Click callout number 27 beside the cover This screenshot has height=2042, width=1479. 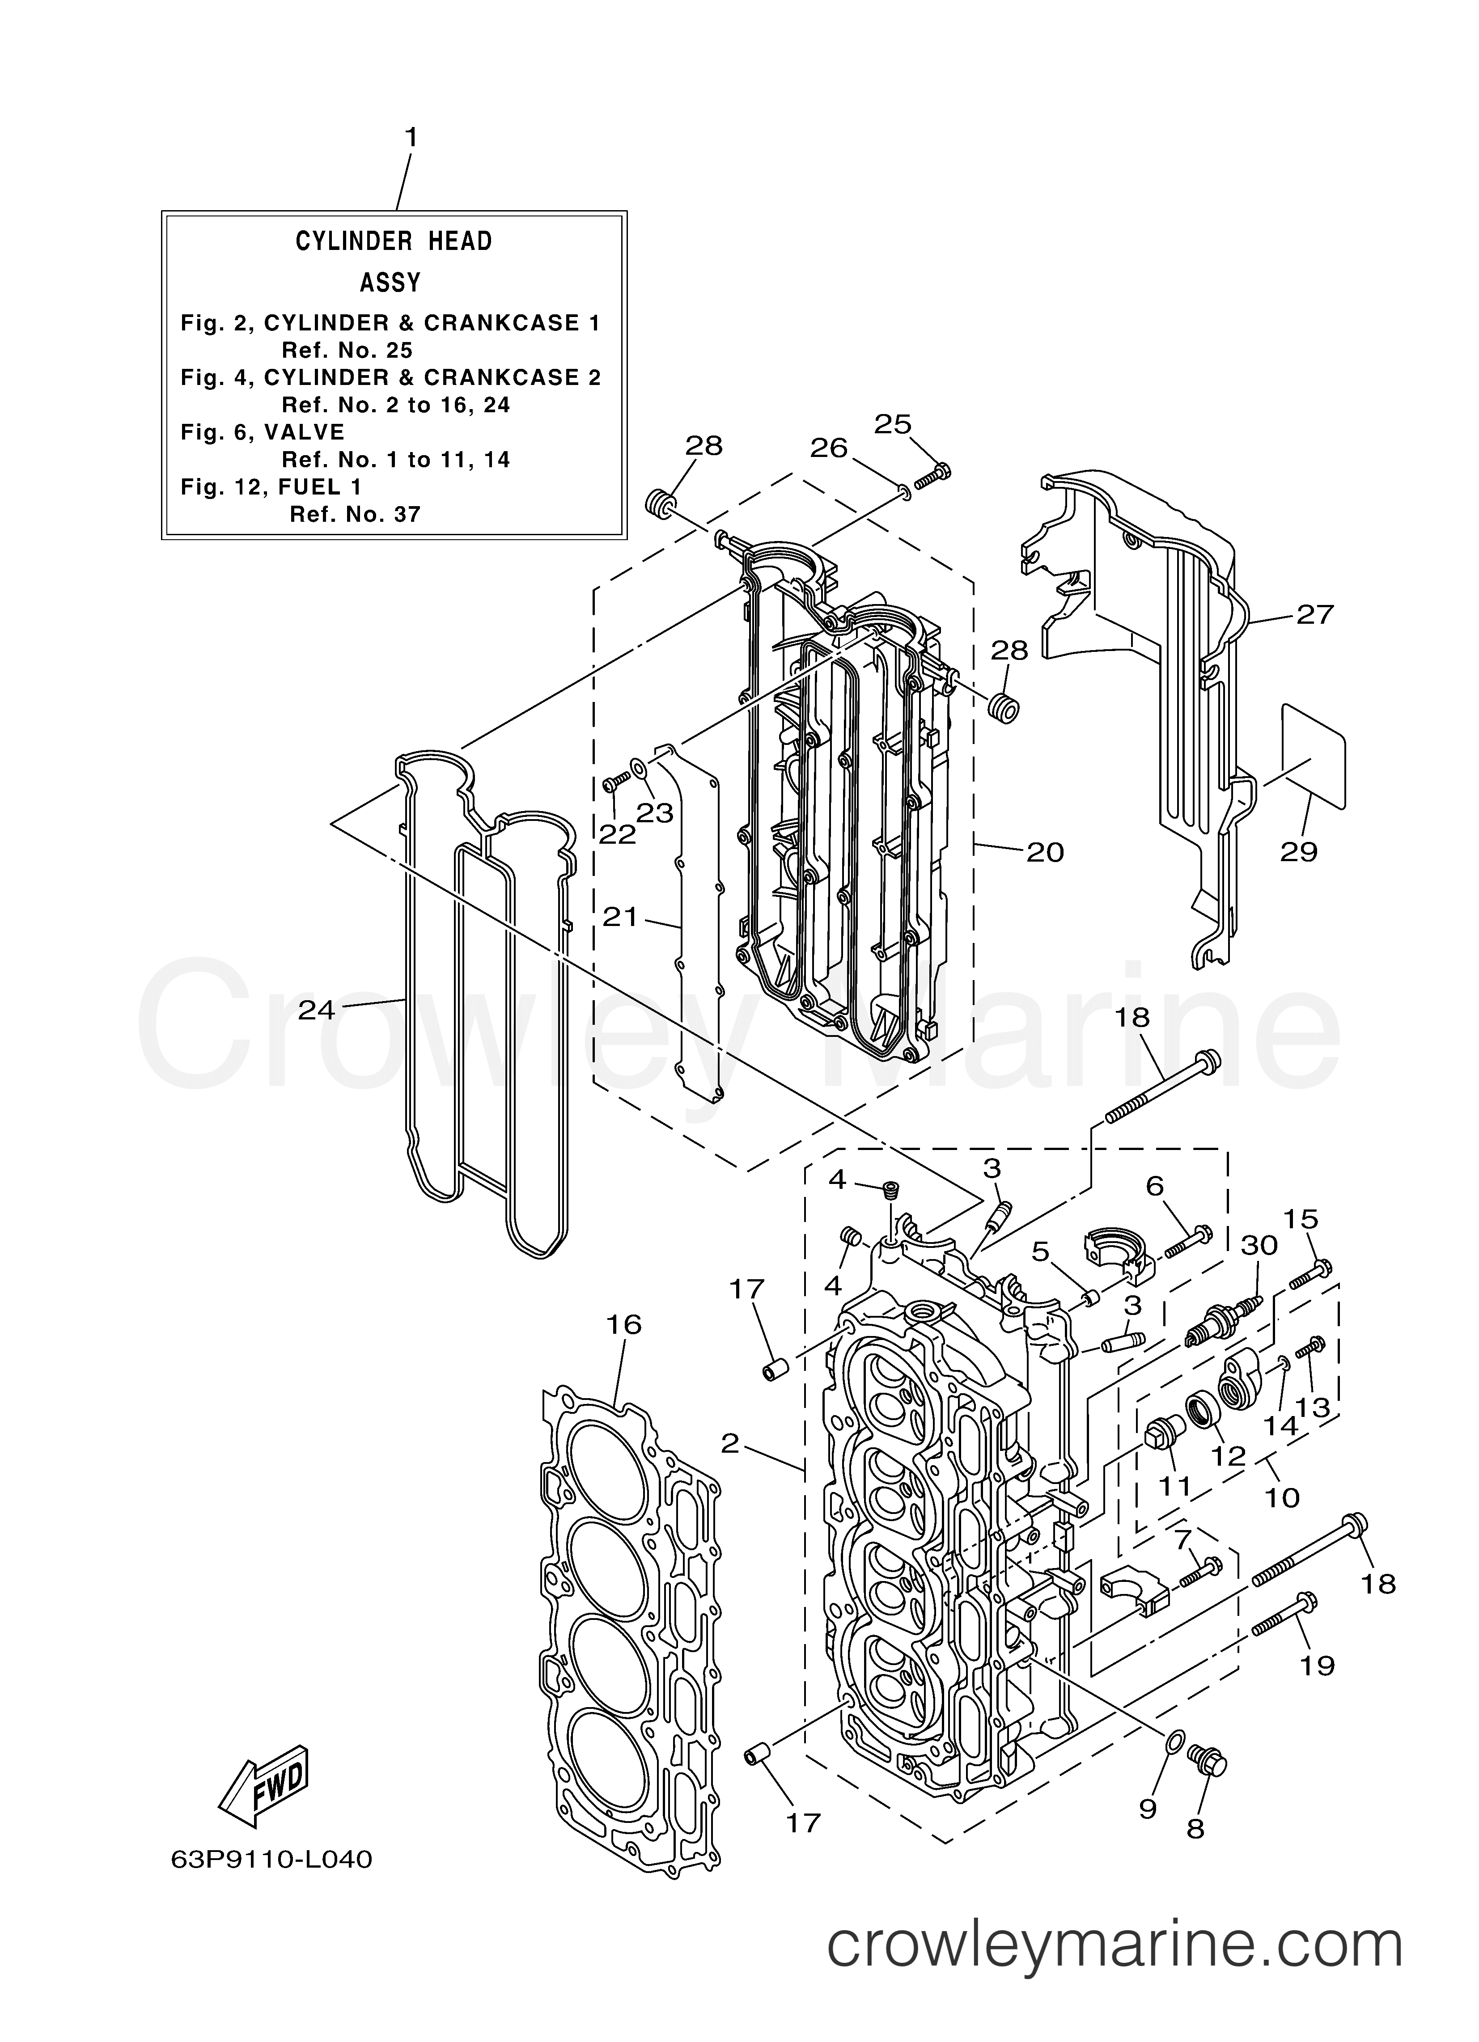(1314, 615)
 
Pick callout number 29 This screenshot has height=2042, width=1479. (1299, 851)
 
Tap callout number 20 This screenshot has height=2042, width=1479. (1045, 851)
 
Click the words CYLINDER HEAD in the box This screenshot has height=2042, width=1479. (394, 241)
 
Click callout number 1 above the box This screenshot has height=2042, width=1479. (411, 138)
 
